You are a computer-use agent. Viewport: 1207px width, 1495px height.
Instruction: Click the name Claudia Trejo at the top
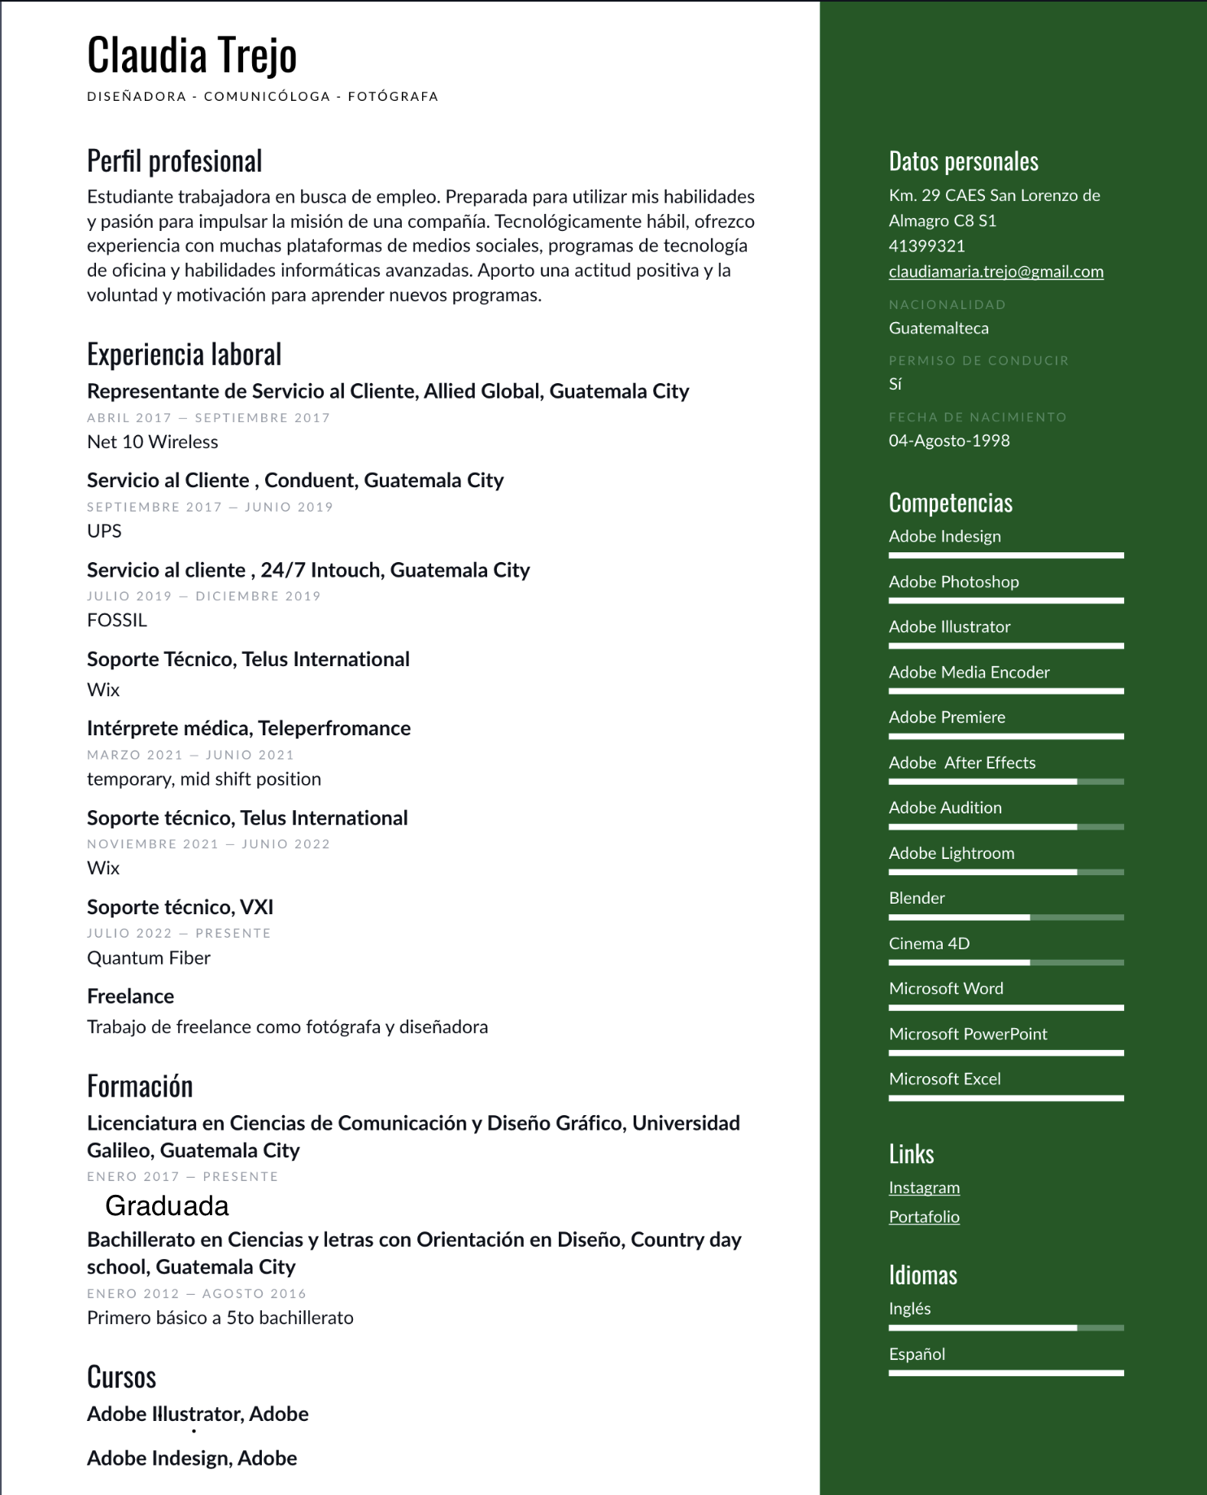(192, 55)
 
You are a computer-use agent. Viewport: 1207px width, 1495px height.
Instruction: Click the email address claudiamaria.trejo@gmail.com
(996, 272)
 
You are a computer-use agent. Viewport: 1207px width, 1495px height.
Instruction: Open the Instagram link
(924, 1188)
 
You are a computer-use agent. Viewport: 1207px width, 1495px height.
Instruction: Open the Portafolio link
(924, 1217)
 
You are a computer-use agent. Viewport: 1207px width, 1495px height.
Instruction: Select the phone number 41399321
(926, 246)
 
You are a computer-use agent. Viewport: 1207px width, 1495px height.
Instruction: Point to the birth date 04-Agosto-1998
(949, 441)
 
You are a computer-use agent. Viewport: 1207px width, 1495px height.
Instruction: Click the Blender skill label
(917, 898)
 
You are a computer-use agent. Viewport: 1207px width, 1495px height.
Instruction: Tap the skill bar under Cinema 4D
(1006, 962)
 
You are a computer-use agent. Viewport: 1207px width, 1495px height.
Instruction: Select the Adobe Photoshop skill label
(953, 582)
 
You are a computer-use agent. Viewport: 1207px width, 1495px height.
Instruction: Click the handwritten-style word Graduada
(167, 1205)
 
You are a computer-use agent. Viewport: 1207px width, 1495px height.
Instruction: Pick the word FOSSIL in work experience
(117, 621)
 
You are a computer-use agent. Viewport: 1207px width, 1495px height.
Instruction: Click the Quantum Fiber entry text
(149, 958)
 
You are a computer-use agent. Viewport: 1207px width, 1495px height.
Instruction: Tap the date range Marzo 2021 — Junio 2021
(190, 755)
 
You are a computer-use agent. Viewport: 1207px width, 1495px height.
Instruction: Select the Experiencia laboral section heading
(185, 355)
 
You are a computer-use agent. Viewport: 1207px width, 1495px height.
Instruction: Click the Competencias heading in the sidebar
(950, 503)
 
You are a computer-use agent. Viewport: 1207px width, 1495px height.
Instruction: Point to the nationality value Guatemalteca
(939, 329)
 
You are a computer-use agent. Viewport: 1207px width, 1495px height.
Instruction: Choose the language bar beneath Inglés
(1006, 1327)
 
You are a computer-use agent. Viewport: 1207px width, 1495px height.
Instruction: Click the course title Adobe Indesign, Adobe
(192, 1458)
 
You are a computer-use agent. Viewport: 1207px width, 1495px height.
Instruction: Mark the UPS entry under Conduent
(104, 531)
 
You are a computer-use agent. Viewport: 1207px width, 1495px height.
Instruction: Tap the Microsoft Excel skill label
(944, 1079)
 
